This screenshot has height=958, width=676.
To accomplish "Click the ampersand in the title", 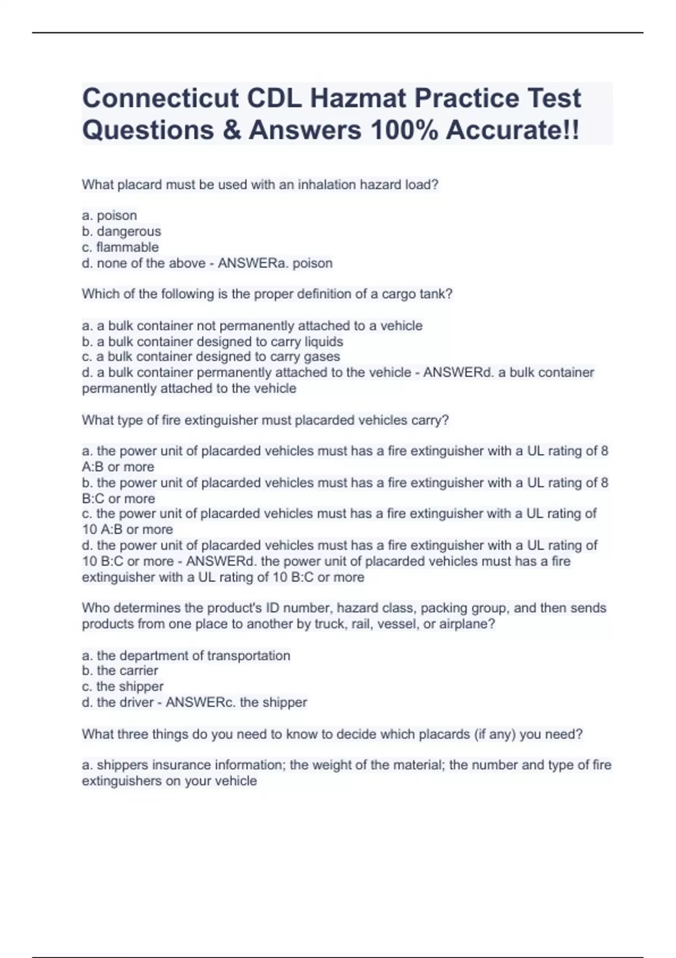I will pyautogui.click(x=231, y=130).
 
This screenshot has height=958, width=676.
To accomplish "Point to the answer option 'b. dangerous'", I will pyautogui.click(x=122, y=231).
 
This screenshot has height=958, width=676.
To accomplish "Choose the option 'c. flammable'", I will pyautogui.click(x=121, y=247).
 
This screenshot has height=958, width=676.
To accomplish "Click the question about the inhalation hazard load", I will pyautogui.click(x=260, y=184).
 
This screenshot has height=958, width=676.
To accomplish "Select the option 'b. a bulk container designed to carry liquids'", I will pyautogui.click(x=212, y=341).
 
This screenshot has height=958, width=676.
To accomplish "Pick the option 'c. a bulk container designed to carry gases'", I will pyautogui.click(x=211, y=357).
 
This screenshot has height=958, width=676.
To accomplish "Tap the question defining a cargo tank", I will pyautogui.click(x=267, y=294).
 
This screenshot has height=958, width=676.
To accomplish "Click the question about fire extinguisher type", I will pyautogui.click(x=265, y=420).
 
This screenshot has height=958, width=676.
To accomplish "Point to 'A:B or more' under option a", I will pyautogui.click(x=118, y=467).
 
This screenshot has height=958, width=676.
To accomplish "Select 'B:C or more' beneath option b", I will pyautogui.click(x=118, y=498).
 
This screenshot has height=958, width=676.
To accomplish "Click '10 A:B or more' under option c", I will pyautogui.click(x=127, y=529).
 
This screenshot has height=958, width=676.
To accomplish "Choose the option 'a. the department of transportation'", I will pyautogui.click(x=186, y=655).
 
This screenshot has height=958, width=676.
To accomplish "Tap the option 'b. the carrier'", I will pyautogui.click(x=120, y=671).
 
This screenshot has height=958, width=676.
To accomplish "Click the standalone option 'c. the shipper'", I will pyautogui.click(x=123, y=686).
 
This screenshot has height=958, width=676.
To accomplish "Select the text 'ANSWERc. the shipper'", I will pyautogui.click(x=236, y=702).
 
